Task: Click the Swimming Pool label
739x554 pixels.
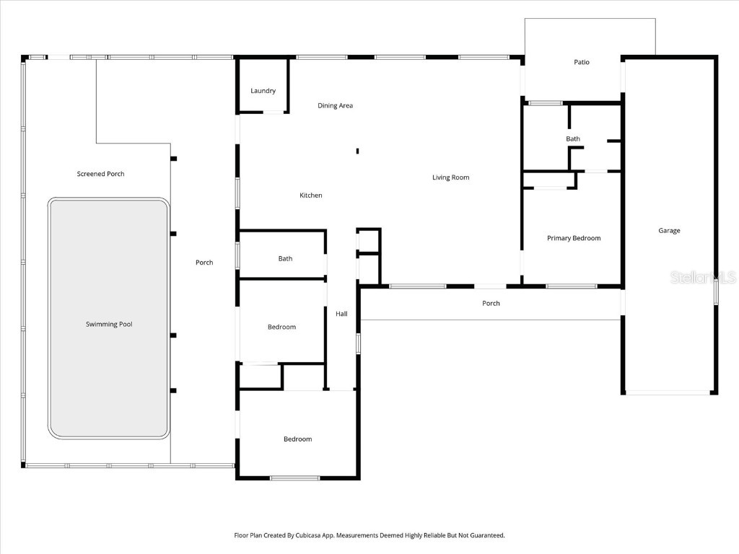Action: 109,325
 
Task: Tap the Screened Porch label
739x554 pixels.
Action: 100,174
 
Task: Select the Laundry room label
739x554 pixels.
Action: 263,91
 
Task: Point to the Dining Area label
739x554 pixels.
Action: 335,106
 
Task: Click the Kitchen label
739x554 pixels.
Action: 311,195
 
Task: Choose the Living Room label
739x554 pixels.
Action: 450,177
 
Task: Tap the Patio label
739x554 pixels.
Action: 581,62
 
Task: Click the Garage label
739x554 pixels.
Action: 669,231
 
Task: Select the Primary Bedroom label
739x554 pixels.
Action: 573,238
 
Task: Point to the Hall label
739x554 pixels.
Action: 341,314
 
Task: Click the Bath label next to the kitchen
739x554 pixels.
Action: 285,259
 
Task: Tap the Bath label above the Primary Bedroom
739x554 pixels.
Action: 572,139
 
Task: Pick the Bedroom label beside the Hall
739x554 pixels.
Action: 281,327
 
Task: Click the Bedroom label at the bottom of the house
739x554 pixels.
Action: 297,439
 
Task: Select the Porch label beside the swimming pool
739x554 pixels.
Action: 204,263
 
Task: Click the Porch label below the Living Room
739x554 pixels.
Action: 491,304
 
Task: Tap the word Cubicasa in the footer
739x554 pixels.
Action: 308,536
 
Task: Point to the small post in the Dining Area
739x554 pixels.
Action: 357,151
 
